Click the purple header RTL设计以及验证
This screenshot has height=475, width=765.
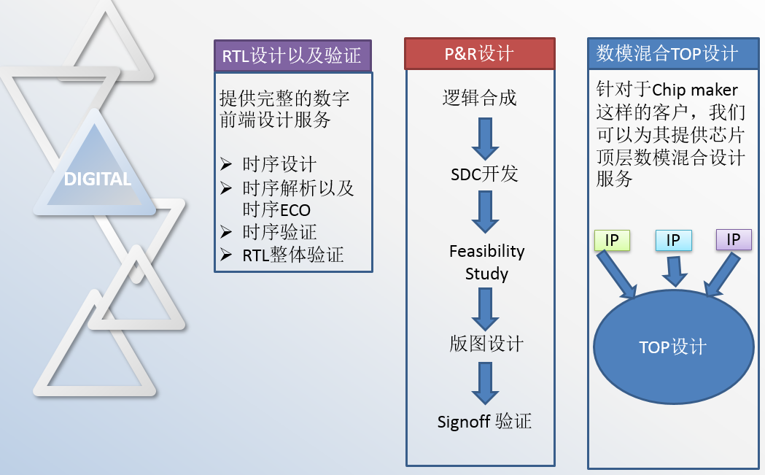[292, 55]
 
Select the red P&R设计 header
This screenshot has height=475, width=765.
[479, 53]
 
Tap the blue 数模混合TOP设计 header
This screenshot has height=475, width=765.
[667, 53]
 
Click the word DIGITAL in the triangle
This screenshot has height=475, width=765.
[98, 179]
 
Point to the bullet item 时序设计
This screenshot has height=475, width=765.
[279, 164]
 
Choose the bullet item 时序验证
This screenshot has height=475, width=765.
[279, 232]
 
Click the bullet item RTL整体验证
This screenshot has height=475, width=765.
[292, 255]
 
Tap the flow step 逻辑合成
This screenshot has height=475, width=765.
[479, 98]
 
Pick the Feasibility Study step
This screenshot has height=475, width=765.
[486, 263]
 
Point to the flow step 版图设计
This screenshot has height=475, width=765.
[486, 344]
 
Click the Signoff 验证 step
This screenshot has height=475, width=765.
[484, 422]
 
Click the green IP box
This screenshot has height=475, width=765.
[612, 240]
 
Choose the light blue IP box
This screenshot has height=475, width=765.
[673, 240]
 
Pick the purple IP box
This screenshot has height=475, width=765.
[733, 239]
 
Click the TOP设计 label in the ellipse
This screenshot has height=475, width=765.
[672, 347]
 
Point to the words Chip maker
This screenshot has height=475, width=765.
[695, 90]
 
